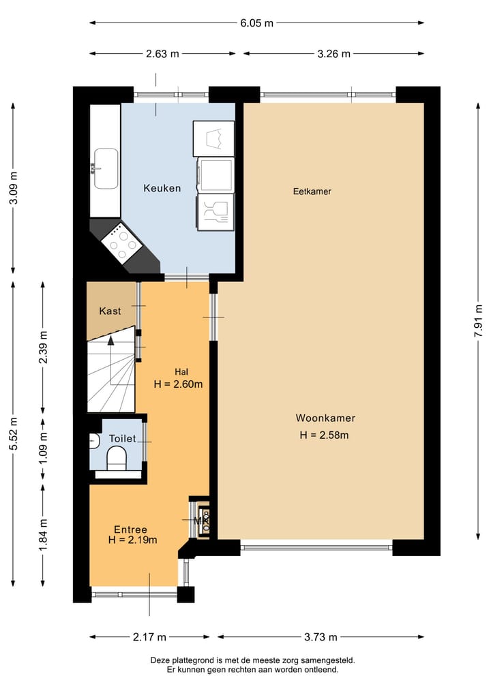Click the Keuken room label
click(x=162, y=188)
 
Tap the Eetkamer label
click(x=312, y=191)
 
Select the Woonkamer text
click(x=325, y=418)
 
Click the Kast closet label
click(x=110, y=311)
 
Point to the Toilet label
click(x=122, y=438)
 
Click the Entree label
click(x=130, y=529)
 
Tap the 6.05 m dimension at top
click(x=257, y=23)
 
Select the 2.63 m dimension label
click(x=162, y=54)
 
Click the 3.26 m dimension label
click(x=333, y=54)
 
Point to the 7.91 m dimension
click(x=478, y=321)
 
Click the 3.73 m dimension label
click(x=321, y=637)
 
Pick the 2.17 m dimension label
click(x=149, y=637)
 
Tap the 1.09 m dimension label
click(x=43, y=448)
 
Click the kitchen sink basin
click(x=106, y=168)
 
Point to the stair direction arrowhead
click(x=110, y=340)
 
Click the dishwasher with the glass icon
click(x=215, y=212)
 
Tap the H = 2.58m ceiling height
click(x=324, y=435)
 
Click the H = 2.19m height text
click(x=133, y=540)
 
